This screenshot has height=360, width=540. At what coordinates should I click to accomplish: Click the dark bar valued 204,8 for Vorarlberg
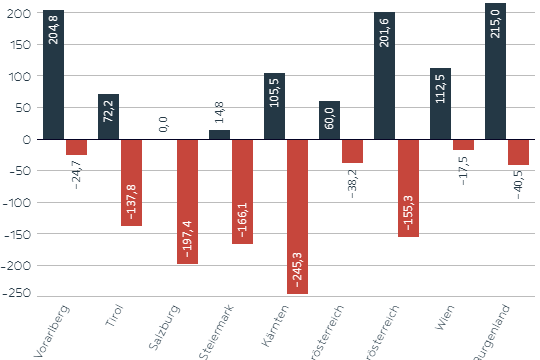pos(54,75)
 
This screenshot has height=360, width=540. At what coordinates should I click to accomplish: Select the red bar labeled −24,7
pos(76,147)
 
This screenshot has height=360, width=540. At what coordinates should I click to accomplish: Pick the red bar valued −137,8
pos(131,182)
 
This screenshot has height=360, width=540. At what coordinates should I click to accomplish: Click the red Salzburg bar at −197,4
pos(187,201)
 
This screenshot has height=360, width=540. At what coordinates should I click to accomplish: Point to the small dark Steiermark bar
pos(219,134)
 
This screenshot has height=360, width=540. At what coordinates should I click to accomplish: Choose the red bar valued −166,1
pos(242,191)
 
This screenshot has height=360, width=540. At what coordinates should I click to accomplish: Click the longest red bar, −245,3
pos(297,216)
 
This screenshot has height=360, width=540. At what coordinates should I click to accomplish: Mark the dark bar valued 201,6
pos(385,76)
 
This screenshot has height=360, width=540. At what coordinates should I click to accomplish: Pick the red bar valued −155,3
pos(407,188)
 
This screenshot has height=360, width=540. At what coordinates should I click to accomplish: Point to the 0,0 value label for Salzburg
pos(164,124)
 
